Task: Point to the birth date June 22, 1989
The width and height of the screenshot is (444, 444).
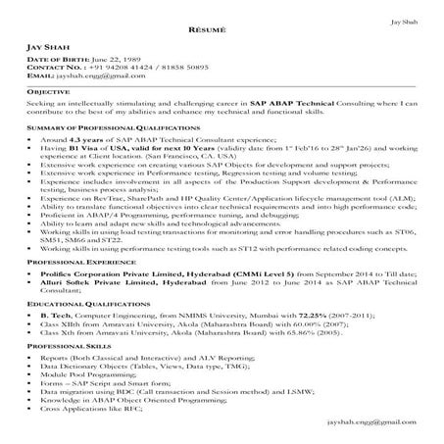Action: point(120,59)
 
